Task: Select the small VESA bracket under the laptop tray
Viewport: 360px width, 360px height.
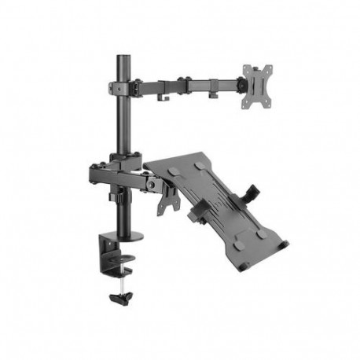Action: point(169,200)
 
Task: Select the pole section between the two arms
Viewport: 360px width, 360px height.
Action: point(123,126)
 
